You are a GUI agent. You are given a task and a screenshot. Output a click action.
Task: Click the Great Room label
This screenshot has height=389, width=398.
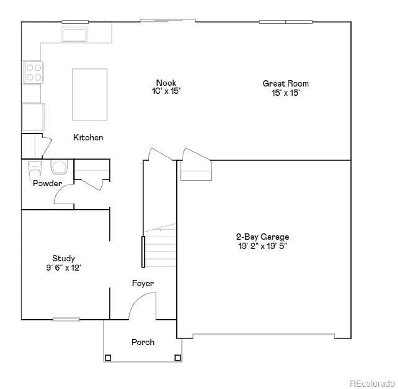point(285,83)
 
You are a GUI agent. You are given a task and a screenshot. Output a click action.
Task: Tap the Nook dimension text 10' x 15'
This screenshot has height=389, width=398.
point(166,91)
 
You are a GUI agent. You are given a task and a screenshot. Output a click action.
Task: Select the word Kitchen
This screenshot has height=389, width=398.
point(88,138)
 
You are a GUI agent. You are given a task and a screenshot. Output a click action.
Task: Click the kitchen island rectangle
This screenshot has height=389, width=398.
point(90,95)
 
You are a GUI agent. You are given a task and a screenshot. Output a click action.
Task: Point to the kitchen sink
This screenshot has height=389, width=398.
point(75,34)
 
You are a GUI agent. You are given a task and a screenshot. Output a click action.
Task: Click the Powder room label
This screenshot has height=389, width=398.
point(47,184)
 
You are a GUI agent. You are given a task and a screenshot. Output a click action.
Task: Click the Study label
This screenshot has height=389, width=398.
point(63,259)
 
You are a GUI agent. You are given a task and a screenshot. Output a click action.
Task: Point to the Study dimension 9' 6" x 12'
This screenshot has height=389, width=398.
point(63,268)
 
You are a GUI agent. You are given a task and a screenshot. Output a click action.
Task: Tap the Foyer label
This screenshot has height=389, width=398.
point(143,284)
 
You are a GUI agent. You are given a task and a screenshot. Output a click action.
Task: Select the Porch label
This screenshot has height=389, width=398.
point(143,342)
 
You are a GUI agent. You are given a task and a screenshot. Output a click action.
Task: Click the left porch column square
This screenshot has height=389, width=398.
point(108,358)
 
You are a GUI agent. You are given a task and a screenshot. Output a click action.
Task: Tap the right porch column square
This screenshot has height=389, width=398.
point(178,358)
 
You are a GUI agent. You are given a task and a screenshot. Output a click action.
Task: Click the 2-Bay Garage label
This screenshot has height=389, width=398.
point(262,237)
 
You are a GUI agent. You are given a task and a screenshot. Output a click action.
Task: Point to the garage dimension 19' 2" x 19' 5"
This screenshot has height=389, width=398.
point(262,246)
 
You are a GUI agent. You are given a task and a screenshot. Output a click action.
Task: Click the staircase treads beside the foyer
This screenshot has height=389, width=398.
point(160,249)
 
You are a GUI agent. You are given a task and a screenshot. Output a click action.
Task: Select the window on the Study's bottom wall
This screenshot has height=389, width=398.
point(66,319)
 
